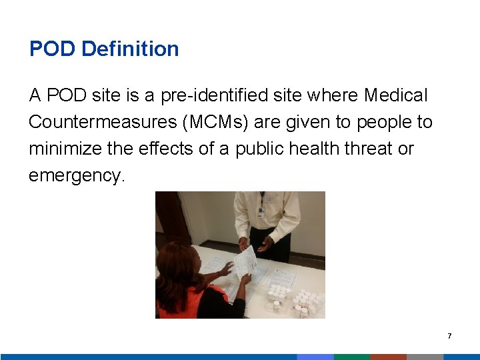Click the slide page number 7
pos(449,336)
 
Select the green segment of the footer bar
pos(351,357)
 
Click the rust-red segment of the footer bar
pos(388,357)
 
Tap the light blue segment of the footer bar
pos(315,357)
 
